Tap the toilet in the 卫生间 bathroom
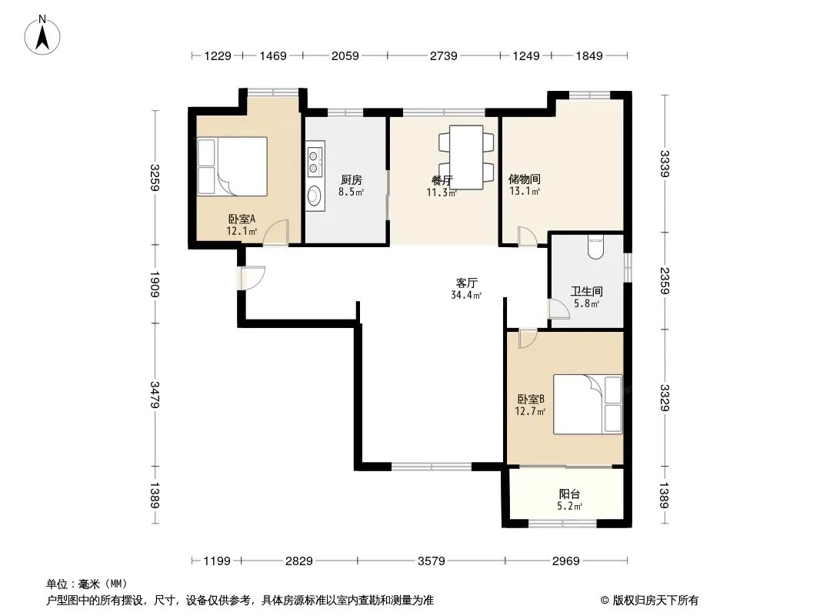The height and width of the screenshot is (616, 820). tap(595, 247)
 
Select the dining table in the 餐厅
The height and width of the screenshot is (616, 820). tap(466, 157)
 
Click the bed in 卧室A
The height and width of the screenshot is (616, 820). tap(232, 166)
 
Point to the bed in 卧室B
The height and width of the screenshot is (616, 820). tap(588, 404)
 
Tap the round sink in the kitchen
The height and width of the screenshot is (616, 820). tap(314, 196)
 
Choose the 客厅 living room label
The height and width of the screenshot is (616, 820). tap(466, 283)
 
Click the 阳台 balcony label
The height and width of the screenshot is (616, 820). tap(569, 494)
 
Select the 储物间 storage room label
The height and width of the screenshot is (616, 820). tap(525, 179)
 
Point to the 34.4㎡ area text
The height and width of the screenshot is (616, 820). tap(466, 295)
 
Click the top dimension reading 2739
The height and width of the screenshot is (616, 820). tap(444, 55)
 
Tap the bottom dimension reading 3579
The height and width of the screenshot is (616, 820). tap(432, 561)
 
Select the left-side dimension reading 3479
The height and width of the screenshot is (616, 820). tap(155, 394)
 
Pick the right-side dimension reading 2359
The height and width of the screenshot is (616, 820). tap(665, 280)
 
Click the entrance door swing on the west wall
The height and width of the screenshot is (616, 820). tap(252, 278)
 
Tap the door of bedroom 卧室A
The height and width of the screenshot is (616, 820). tap(275, 233)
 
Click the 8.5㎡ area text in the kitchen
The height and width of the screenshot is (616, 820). tap(351, 192)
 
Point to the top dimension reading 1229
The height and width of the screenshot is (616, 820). tap(218, 55)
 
